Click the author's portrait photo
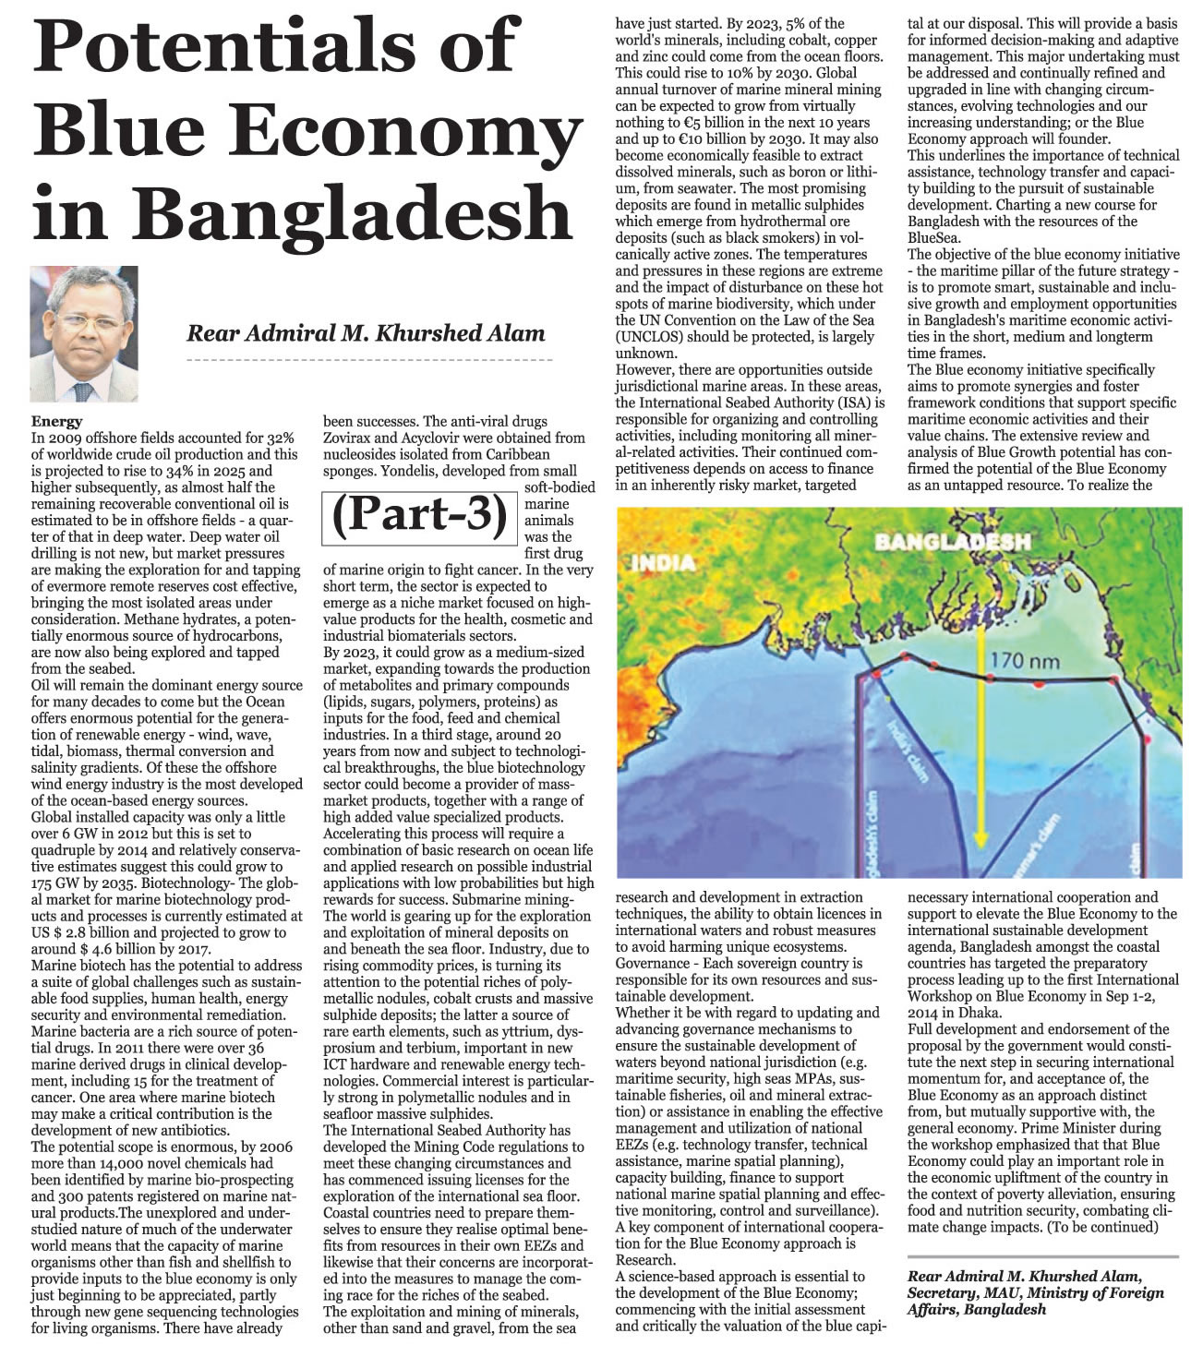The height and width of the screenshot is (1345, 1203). click(84, 334)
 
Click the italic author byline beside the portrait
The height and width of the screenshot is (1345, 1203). click(367, 333)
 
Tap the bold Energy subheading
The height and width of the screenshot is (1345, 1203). click(56, 421)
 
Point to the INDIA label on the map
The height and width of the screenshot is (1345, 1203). click(664, 562)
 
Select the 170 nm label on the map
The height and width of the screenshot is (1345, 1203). click(1026, 661)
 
